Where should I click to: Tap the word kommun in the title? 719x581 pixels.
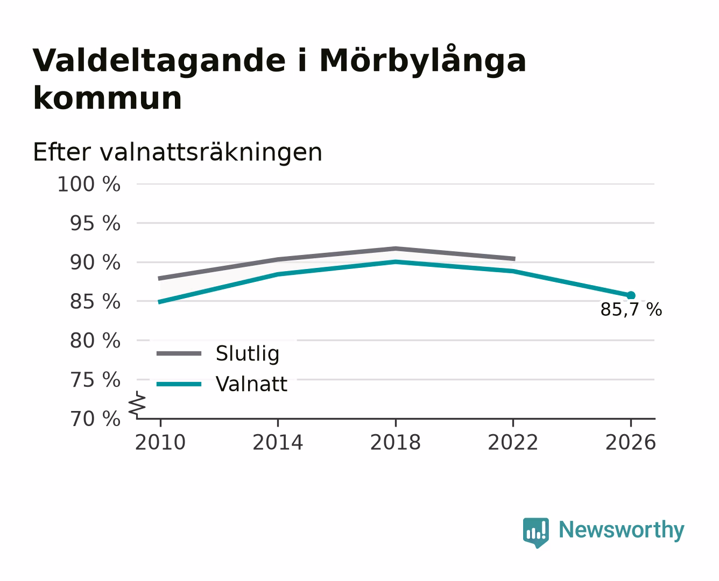pos(107,98)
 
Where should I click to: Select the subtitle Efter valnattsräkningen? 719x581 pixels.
pos(178,152)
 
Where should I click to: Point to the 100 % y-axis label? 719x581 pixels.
pos(89,184)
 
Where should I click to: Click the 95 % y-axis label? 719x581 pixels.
pos(95,223)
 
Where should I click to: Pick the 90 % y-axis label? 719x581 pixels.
pos(95,262)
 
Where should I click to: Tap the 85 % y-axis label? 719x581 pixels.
pos(95,301)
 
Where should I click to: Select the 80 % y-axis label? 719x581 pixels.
pos(95,341)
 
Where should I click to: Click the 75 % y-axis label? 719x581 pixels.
pos(95,380)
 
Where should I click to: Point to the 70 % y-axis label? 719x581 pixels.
pos(95,419)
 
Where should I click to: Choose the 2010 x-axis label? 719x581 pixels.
pos(160,442)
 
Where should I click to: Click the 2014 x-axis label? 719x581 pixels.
pos(278,442)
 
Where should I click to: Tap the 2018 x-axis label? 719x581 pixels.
pos(396,442)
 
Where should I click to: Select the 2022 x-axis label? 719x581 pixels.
pos(513,442)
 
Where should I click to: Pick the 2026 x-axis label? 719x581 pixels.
pos(631,442)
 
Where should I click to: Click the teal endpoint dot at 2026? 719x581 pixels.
pos(631,295)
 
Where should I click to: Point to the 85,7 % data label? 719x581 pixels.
pos(631,309)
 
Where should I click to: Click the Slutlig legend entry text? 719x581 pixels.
pos(248,354)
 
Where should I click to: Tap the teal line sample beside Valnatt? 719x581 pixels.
pos(179,384)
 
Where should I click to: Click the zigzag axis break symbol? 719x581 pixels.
pos(137,405)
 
